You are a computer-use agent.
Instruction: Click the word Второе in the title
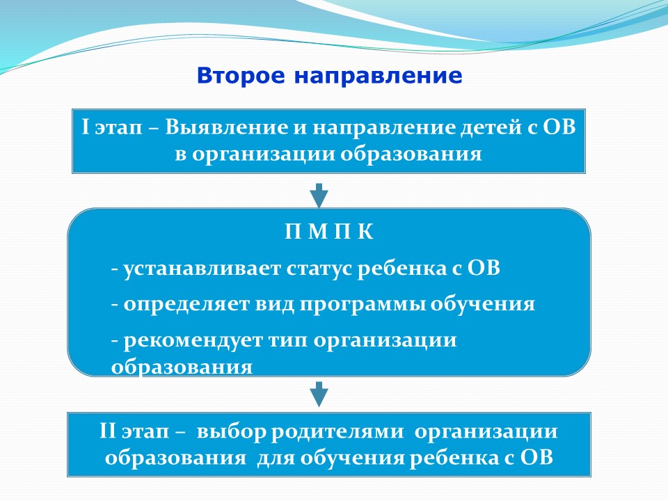[241, 76]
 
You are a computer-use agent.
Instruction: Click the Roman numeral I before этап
[85, 127]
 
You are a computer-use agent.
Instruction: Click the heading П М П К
[329, 232]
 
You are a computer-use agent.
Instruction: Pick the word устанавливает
[202, 269]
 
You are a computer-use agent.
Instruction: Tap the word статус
[319, 269]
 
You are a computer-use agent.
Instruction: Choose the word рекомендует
[193, 341]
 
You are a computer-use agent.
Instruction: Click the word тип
[288, 341]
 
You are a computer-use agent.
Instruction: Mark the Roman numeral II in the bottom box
[107, 431]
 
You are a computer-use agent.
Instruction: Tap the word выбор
[230, 431]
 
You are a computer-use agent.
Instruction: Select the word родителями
[337, 432]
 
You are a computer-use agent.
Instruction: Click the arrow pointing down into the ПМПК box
[319, 196]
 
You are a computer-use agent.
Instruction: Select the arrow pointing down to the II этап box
[319, 394]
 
